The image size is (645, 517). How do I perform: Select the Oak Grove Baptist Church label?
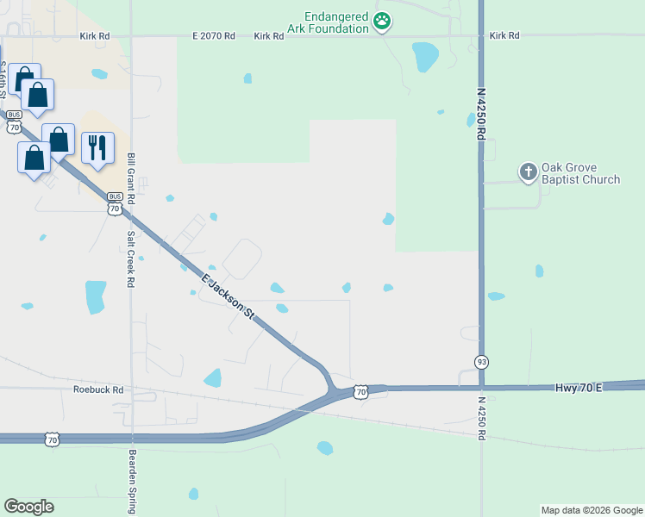pyautogui.click(x=580, y=173)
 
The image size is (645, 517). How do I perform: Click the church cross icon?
pyautogui.click(x=528, y=172)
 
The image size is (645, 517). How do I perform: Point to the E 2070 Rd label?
pyautogui.click(x=214, y=36)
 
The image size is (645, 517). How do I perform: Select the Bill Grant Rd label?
pyautogui.click(x=131, y=179)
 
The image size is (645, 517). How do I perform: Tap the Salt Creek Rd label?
pyautogui.click(x=131, y=258)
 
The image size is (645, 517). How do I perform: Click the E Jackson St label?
pyautogui.click(x=229, y=298)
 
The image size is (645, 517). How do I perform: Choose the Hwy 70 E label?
pyautogui.click(x=578, y=389)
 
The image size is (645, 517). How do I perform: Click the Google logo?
pyautogui.click(x=28, y=507)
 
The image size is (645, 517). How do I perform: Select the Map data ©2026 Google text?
pyautogui.click(x=591, y=510)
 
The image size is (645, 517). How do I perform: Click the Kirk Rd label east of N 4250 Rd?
pyautogui.click(x=504, y=36)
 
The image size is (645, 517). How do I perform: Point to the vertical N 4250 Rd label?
pyautogui.click(x=481, y=112)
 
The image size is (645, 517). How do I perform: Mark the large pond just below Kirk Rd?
pyautogui.click(x=424, y=57)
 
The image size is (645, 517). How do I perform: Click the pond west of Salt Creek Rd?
pyautogui.click(x=95, y=296)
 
